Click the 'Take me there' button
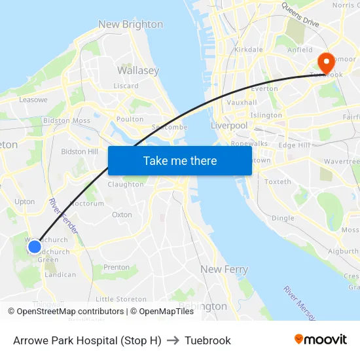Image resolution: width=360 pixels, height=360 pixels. click(180, 160)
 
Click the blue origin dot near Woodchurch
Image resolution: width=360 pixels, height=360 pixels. click(35, 247)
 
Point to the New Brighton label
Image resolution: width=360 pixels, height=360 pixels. click(130, 24)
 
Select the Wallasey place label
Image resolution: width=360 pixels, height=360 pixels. click(137, 70)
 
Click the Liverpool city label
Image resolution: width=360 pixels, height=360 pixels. click(229, 125)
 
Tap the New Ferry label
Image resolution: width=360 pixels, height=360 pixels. click(224, 269)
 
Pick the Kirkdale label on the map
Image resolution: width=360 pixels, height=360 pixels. click(248, 50)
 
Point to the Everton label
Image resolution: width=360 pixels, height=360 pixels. click(264, 88)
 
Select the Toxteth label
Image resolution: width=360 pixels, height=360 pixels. click(278, 182)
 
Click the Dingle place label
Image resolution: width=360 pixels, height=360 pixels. click(283, 218)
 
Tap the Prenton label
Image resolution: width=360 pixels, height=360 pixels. click(117, 267)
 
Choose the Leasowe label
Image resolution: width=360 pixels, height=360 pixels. click(33, 99)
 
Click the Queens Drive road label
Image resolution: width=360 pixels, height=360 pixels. click(300, 14)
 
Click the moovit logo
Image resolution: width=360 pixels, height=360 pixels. click(320, 340)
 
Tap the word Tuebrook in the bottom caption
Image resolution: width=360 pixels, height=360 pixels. click(207, 340)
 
